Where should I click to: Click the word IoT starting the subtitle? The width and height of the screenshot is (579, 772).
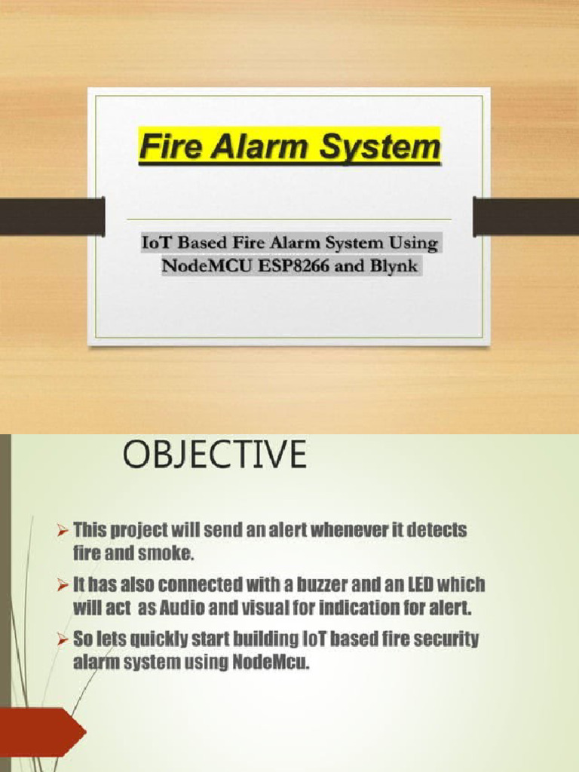tap(157, 244)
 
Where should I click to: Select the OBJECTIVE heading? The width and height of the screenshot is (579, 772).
tap(216, 457)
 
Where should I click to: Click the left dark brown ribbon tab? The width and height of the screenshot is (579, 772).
tap(51, 216)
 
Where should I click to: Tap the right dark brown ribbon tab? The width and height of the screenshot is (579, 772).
tap(525, 216)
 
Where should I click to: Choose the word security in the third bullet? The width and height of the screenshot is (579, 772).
tap(444, 640)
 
